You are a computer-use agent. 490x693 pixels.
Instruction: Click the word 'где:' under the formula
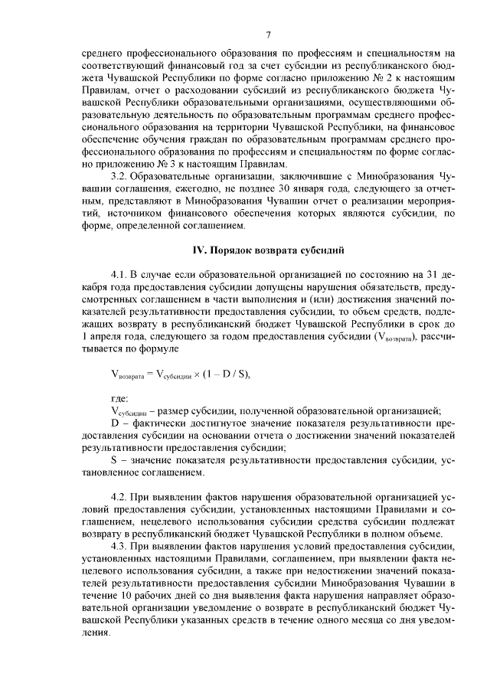(x=120, y=398)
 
